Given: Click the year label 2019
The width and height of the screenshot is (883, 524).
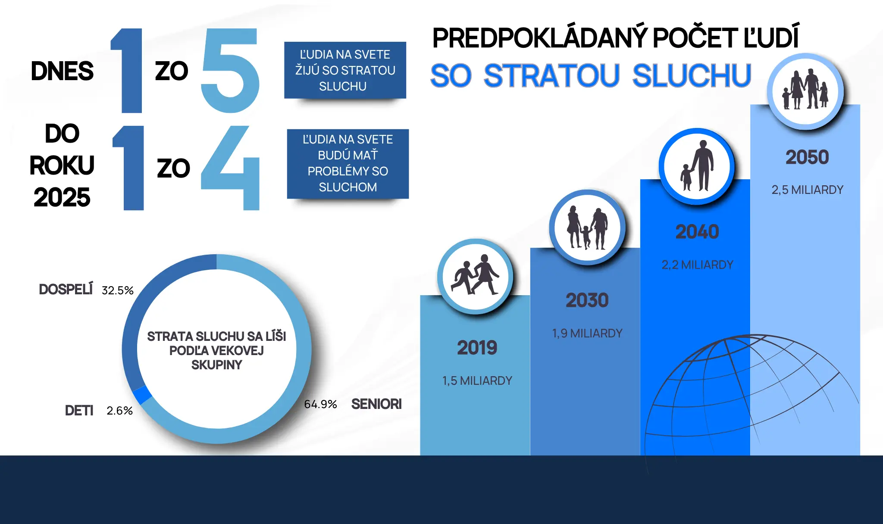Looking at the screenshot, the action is [x=477, y=348].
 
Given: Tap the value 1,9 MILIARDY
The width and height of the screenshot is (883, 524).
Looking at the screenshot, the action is [x=587, y=333].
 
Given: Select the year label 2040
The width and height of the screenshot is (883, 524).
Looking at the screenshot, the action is [x=697, y=232].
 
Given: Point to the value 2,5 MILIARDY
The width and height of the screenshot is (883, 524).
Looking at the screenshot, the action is [x=807, y=190].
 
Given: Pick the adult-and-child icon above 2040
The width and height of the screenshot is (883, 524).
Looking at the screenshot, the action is [x=697, y=166].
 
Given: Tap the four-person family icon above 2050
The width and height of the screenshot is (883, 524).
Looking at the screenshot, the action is [x=805, y=90].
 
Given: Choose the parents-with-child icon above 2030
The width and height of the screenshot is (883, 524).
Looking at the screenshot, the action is [x=587, y=228].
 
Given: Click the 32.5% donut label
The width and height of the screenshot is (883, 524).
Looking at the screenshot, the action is [x=117, y=290].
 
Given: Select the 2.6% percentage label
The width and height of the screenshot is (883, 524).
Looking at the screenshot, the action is [x=119, y=411].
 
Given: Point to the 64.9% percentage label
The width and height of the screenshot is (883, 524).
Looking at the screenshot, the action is [x=320, y=404].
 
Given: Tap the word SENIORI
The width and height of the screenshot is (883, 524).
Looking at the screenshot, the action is [x=376, y=404].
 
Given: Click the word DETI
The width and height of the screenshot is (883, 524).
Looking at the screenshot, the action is [x=79, y=411].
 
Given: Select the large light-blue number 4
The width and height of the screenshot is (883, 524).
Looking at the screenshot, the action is [x=230, y=168].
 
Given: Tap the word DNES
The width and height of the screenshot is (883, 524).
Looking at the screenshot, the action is [x=62, y=71].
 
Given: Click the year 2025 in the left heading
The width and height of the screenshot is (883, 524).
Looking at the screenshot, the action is [x=62, y=197].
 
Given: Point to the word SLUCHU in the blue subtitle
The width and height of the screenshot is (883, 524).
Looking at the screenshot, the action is [x=692, y=76].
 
